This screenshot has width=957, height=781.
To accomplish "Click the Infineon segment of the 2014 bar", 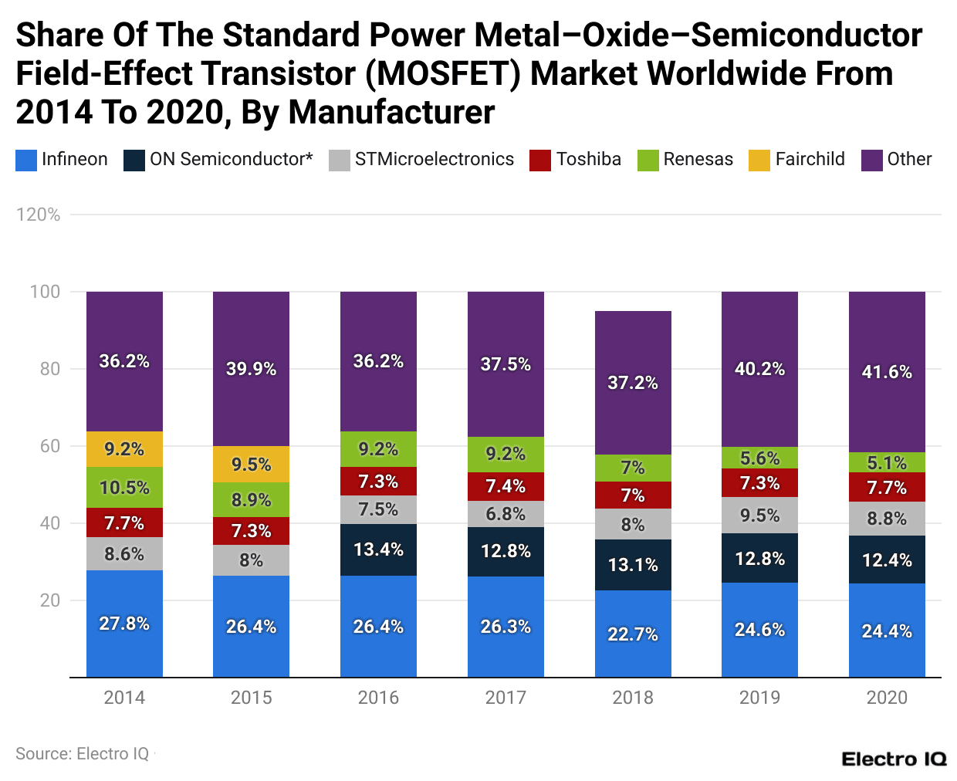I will [124, 624].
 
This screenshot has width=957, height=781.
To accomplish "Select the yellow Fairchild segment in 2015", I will [251, 465].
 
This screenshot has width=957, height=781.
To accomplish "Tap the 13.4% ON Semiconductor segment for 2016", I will [378, 549].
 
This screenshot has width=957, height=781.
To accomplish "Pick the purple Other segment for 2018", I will [633, 383].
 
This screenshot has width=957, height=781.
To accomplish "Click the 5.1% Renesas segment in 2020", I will [887, 462].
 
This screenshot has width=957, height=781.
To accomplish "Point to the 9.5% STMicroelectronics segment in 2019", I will [759, 515].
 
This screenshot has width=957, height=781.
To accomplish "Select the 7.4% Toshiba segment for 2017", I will [506, 486].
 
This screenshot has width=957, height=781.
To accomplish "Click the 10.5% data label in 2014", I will [124, 488].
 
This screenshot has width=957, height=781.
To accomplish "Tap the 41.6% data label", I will [887, 372].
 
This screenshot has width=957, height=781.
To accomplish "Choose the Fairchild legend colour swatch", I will [759, 160].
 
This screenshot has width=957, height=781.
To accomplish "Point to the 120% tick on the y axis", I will [39, 215].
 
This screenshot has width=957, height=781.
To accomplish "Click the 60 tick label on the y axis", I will [50, 446].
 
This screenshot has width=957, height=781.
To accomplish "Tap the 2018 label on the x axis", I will [633, 698].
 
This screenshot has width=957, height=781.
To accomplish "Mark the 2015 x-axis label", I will [251, 698].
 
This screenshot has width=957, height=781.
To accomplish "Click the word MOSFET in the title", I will [441, 74].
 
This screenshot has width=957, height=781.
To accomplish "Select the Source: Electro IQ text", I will [83, 754].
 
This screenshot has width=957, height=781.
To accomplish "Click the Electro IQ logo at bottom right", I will [894, 759].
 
